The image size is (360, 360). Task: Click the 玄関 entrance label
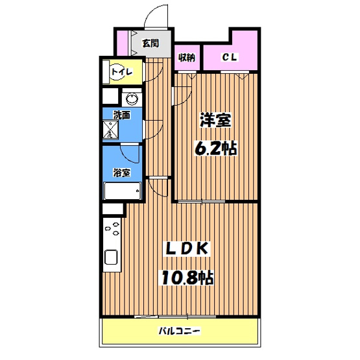click(x=150, y=43)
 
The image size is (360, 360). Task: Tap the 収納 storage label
click(x=187, y=57)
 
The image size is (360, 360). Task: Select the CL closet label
click(x=230, y=57)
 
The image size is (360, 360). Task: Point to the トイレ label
click(x=122, y=72)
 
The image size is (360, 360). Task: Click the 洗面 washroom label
click(x=122, y=115)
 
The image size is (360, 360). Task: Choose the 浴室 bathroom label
click(x=122, y=173)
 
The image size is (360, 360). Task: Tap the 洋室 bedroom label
click(x=215, y=120)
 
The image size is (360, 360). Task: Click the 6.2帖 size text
click(x=215, y=148)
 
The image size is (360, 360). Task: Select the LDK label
click(x=186, y=248)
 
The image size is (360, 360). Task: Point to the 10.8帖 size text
click(x=187, y=278)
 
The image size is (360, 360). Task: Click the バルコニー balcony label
click(x=180, y=331)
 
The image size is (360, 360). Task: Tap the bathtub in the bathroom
click(x=122, y=191)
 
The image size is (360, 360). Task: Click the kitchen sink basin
click(x=112, y=257)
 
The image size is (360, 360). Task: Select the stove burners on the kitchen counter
click(x=112, y=228)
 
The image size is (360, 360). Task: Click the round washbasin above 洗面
click(x=132, y=99)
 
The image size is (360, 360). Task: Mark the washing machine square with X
click(x=110, y=130)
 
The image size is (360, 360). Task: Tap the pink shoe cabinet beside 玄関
click(x=123, y=43)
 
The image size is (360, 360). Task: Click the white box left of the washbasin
click(x=110, y=96)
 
